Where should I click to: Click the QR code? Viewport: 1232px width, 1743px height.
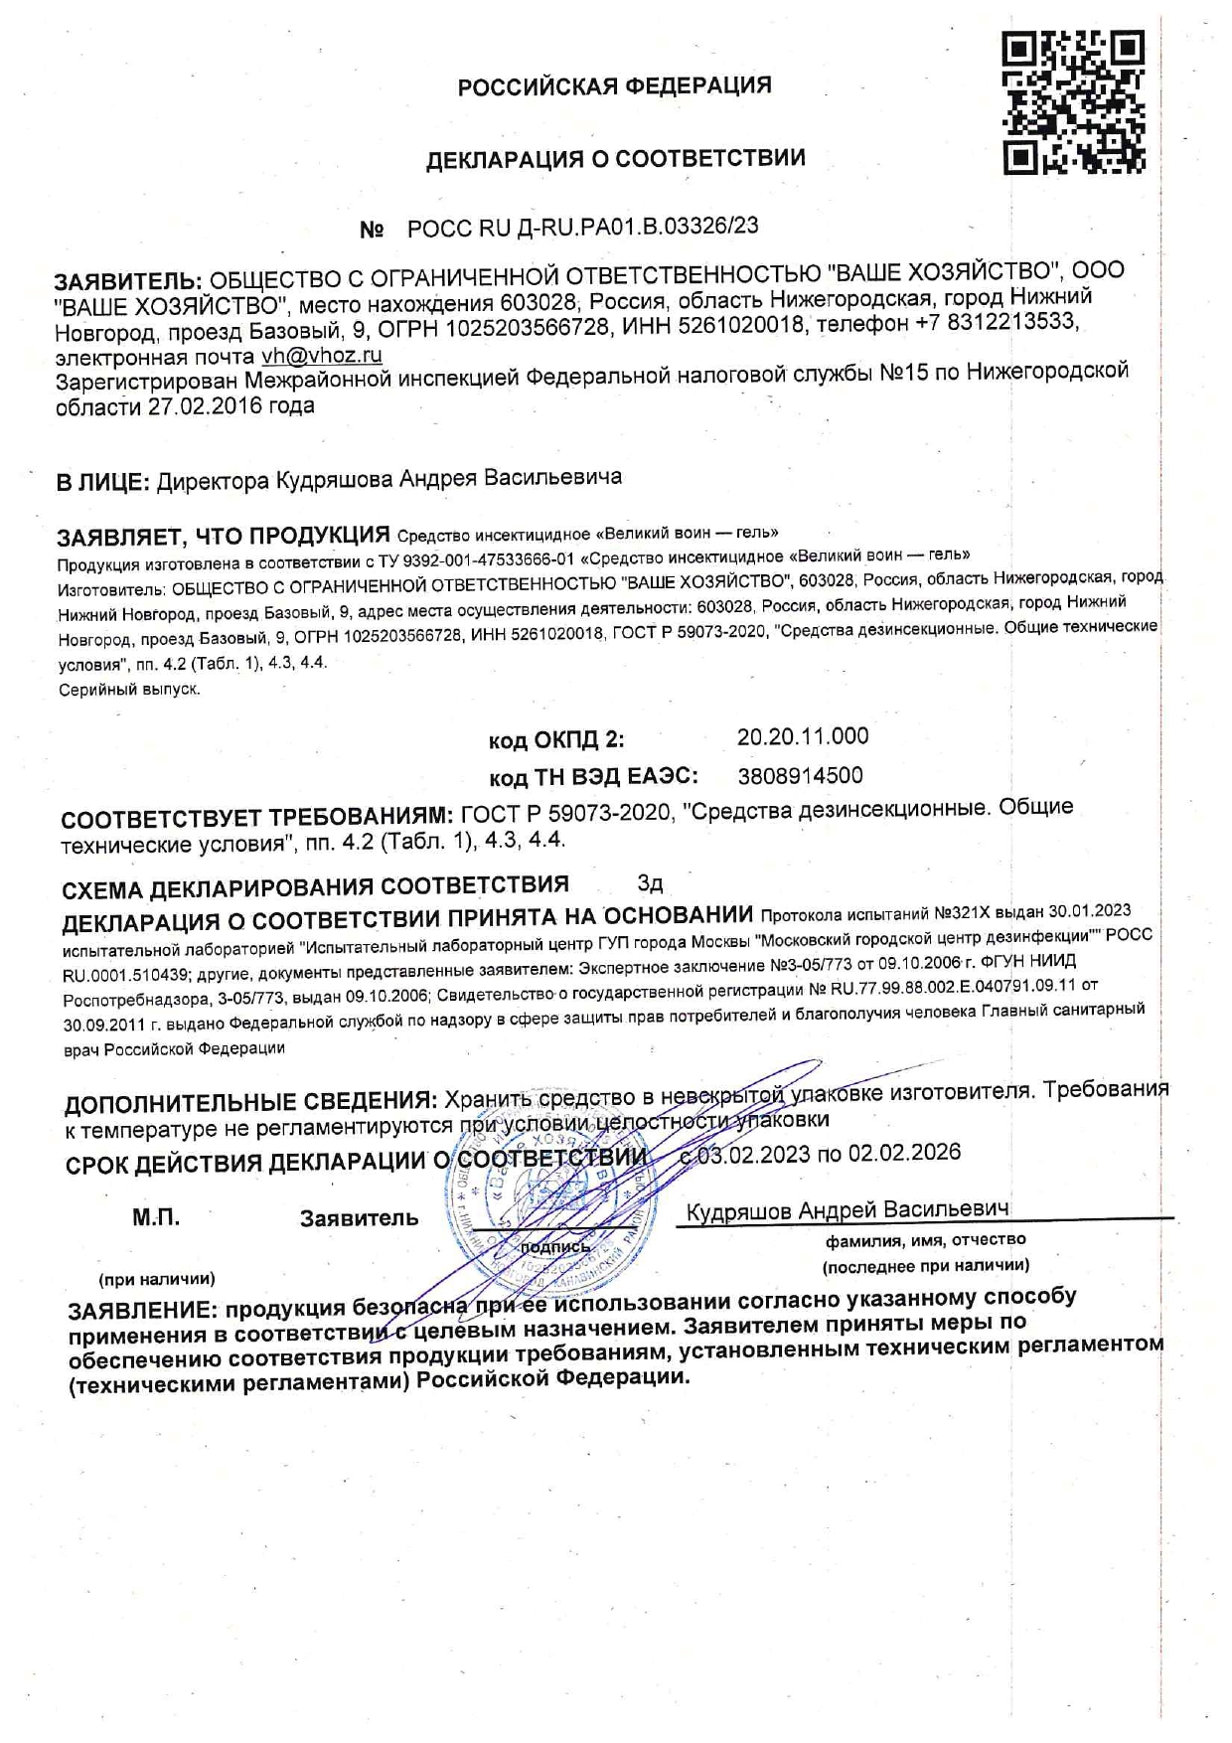click(x=1073, y=102)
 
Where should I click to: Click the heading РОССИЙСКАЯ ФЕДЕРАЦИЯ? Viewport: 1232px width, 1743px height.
click(x=614, y=86)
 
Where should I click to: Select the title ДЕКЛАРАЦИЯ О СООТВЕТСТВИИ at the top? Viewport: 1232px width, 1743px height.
click(x=615, y=159)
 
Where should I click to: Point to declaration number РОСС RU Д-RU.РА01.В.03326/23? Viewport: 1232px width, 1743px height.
click(x=582, y=228)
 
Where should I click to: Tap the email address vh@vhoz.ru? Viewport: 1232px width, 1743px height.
click(x=322, y=356)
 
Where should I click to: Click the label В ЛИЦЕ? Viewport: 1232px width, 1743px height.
click(x=102, y=483)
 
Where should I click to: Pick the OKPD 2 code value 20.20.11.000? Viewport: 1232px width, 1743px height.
click(x=802, y=736)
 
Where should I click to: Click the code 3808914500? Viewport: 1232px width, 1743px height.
click(x=800, y=776)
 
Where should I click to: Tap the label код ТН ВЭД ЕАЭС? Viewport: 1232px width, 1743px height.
click(x=593, y=777)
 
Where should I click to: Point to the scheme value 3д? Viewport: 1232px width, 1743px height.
click(x=650, y=883)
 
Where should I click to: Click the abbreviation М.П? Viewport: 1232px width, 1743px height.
click(x=156, y=1218)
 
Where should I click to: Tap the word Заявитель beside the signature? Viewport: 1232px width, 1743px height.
click(x=359, y=1219)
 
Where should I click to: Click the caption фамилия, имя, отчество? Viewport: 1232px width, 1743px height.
click(x=925, y=1240)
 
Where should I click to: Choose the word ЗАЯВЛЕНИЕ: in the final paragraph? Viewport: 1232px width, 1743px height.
click(x=141, y=1310)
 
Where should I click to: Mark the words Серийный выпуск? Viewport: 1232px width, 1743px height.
click(x=129, y=690)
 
